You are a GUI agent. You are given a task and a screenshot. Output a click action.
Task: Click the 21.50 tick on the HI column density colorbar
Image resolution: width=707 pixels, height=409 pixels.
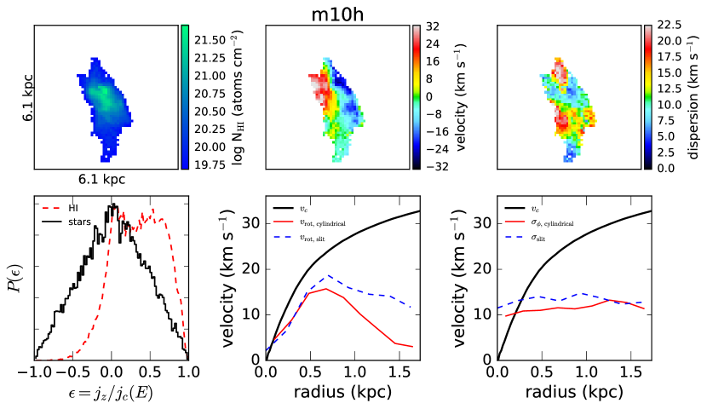tap(210, 39)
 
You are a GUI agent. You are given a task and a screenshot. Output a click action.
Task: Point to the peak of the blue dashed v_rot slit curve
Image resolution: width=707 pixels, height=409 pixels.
tap(331, 275)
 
